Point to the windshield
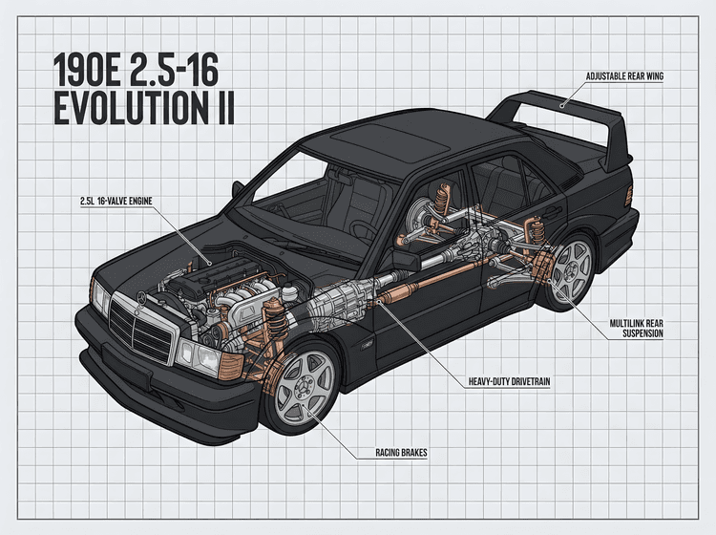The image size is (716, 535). point(296,196)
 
